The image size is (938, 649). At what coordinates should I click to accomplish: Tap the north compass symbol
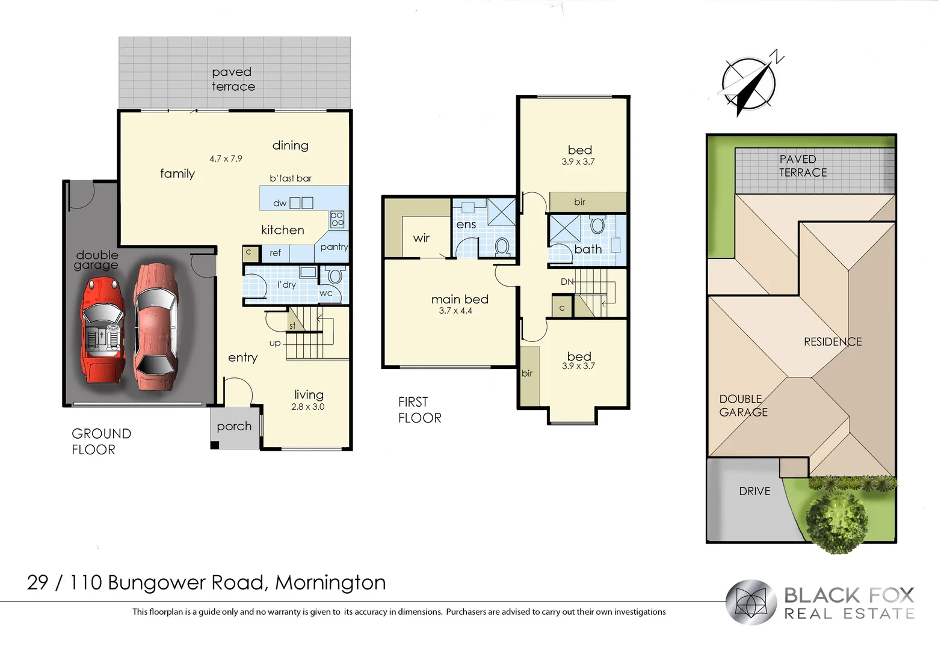tap(749, 84)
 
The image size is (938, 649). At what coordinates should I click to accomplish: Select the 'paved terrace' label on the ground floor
tap(233, 79)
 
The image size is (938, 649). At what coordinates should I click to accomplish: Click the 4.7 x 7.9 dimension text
tap(226, 159)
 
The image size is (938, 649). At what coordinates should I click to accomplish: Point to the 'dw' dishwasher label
tap(280, 203)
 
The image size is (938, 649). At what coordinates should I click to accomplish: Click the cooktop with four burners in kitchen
tap(337, 219)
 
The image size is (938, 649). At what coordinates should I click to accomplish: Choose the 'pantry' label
tap(334, 247)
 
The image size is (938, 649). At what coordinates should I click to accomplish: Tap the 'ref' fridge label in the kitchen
tap(275, 254)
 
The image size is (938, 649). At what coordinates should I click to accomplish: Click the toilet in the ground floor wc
tap(335, 276)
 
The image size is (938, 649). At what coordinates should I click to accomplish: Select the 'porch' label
tap(234, 427)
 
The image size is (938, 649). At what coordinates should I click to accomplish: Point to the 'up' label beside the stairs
tap(274, 343)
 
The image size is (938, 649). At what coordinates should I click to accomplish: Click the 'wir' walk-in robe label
tap(421, 238)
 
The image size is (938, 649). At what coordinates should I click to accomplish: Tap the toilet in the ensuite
tap(502, 246)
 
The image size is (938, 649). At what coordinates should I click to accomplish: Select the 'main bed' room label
tap(460, 299)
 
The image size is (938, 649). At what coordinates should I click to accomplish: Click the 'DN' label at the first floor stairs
tap(567, 281)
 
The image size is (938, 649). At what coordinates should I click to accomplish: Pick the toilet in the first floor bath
tap(597, 225)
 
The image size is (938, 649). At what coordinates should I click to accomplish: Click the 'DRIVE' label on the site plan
tap(754, 492)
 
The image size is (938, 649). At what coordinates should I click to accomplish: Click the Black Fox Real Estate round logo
tap(751, 602)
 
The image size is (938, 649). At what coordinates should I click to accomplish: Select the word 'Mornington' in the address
tap(330, 583)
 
